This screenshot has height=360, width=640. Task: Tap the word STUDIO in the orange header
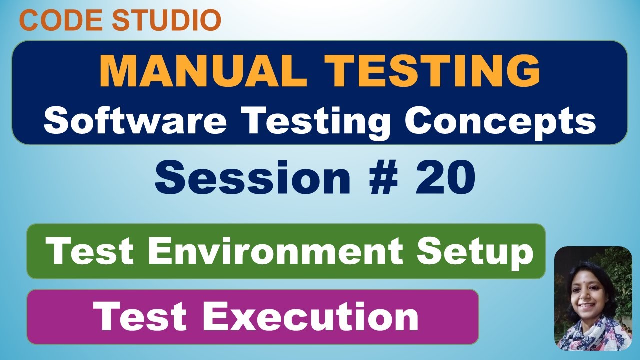(166, 20)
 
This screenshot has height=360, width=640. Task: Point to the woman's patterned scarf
(587, 335)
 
